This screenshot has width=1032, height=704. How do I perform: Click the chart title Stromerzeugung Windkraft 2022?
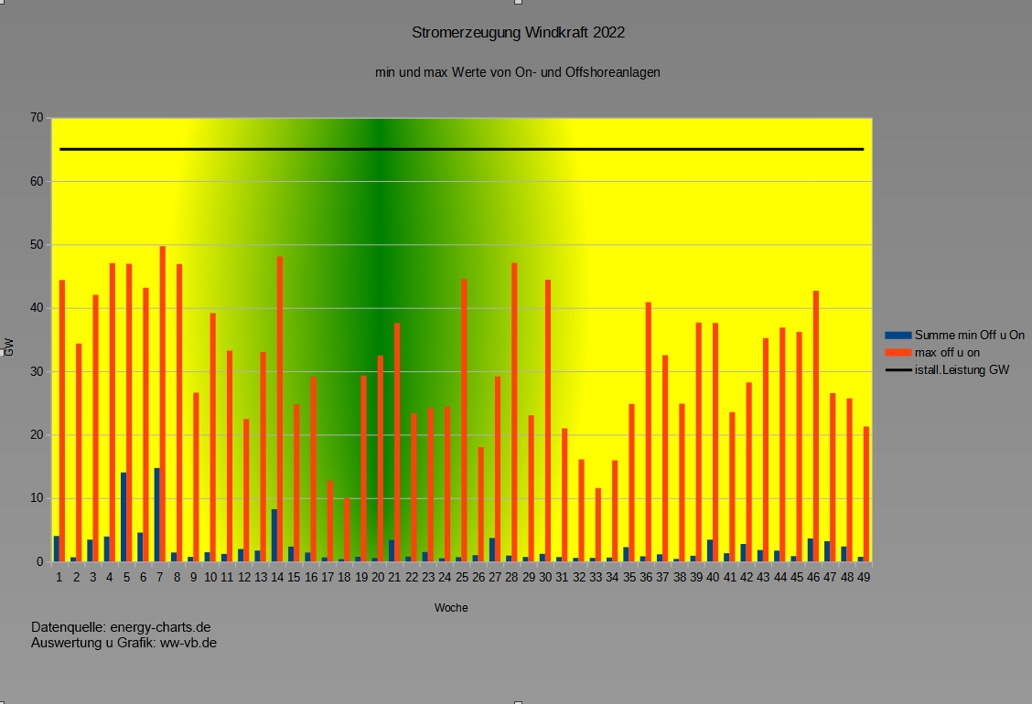coord(518,33)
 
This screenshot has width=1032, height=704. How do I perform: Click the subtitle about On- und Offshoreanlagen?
coord(517,71)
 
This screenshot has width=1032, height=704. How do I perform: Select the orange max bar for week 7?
coord(163,402)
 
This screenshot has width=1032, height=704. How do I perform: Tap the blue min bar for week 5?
coord(124,517)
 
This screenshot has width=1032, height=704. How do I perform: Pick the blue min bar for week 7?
coord(156,515)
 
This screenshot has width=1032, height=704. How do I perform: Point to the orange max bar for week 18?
coord(347,529)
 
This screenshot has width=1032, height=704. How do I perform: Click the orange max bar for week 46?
coord(816,426)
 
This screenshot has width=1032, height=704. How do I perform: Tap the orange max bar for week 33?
coord(598,525)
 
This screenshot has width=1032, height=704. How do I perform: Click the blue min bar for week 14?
coord(274,535)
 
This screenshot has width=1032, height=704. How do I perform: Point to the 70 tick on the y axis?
coord(37,118)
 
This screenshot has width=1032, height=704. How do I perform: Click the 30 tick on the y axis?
coord(37,371)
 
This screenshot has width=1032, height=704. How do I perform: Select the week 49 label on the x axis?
coord(863,578)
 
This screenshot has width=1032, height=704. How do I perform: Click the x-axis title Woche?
coord(451,608)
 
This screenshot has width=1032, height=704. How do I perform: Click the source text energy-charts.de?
coord(161,627)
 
